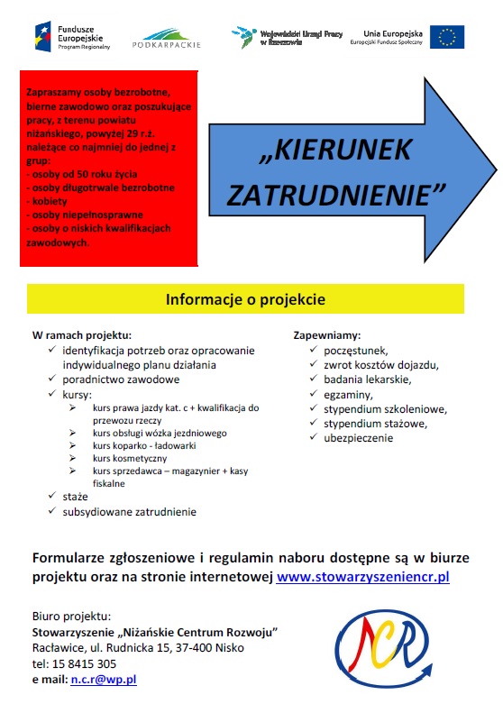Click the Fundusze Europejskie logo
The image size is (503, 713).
point(72,35)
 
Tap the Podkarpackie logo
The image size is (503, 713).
point(167,37)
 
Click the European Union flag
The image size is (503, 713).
point(447,36)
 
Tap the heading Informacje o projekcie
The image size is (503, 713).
point(244,298)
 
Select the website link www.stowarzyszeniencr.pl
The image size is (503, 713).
point(362,576)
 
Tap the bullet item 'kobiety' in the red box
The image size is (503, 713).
point(49,201)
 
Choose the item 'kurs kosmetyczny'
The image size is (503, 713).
point(131,458)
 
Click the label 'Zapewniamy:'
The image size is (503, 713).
point(327,334)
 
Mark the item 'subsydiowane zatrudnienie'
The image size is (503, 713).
point(129,511)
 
